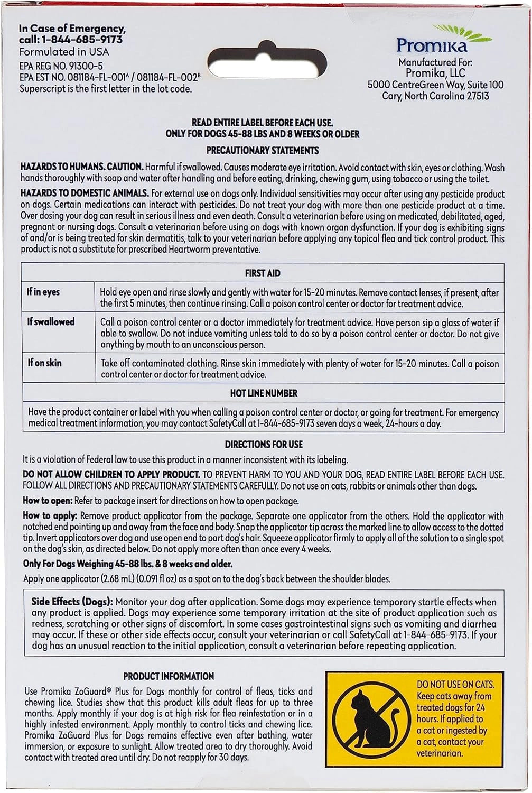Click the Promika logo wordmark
[432, 44]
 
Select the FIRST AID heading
[263, 273]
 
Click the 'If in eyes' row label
[43, 292]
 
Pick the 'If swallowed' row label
[51, 321]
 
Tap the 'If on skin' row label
[45, 363]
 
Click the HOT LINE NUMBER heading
[264, 393]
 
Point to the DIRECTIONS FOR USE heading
[264, 445]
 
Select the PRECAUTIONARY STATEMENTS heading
[263, 151]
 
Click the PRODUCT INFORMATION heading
[169, 676]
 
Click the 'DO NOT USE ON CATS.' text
[455, 685]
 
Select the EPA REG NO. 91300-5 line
[61, 66]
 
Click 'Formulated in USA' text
[64, 52]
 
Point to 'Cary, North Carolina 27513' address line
[435, 96]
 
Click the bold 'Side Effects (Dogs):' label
[72, 602]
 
